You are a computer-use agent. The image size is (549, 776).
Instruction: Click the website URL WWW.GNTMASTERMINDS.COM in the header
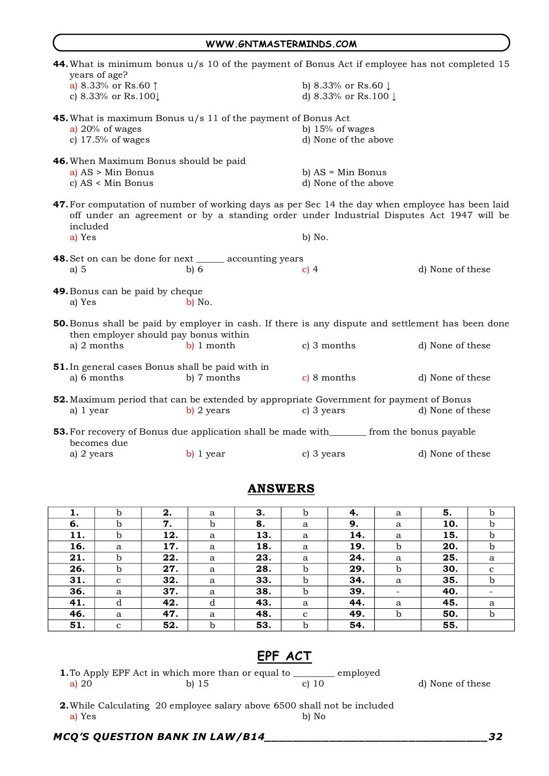(281, 44)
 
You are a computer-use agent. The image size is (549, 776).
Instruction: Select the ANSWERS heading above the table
(281, 488)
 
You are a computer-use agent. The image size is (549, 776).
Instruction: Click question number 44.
(60, 64)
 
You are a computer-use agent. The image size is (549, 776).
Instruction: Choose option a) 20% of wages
(106, 129)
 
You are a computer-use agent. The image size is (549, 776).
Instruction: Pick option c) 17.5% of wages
(109, 140)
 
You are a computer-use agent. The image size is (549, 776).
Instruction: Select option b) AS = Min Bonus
(344, 173)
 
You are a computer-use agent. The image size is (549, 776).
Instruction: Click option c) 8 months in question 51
(329, 378)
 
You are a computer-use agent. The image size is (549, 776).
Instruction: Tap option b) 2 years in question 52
(208, 411)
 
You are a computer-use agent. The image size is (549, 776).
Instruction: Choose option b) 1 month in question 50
(211, 346)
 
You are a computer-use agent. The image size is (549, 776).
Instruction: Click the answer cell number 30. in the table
(450, 569)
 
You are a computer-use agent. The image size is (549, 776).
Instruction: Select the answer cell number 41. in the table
(77, 602)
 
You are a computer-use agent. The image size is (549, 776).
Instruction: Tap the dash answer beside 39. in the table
(398, 591)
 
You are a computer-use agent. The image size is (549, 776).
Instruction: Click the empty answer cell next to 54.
(398, 625)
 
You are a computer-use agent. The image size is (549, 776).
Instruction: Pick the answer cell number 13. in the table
(263, 535)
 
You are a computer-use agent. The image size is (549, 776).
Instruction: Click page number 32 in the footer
(496, 737)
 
